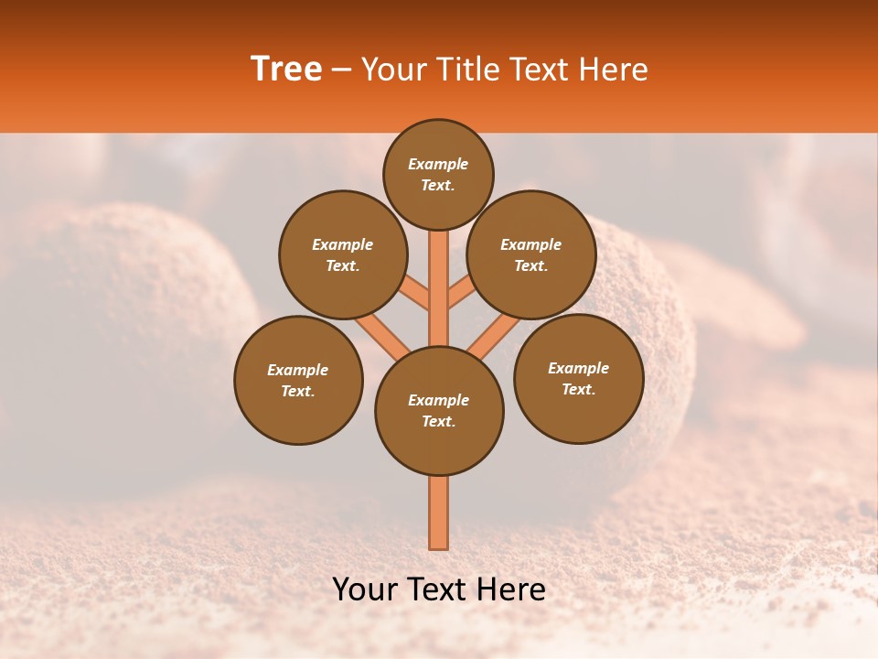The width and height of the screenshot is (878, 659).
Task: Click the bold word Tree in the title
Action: pos(286,70)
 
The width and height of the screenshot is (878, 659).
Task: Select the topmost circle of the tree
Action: pos(438,174)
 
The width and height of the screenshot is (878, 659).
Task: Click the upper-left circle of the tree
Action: pos(343,254)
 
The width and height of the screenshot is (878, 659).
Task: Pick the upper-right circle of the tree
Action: pos(531,254)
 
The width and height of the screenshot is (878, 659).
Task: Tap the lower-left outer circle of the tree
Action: pos(298,380)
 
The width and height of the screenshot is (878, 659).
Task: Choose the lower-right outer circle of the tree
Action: pos(578,378)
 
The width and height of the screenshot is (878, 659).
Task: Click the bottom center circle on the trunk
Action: pos(439,411)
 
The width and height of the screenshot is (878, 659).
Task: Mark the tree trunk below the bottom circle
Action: pos(439,513)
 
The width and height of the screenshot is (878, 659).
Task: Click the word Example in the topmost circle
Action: pos(438,164)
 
